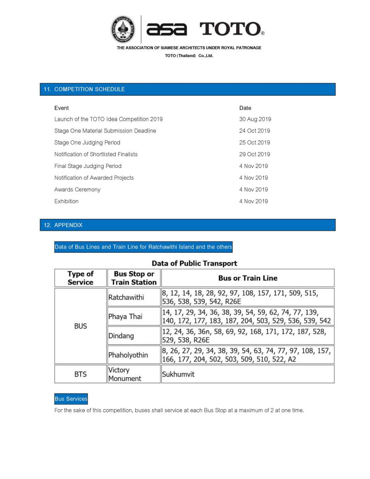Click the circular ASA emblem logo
click(x=123, y=29)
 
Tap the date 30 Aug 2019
click(x=255, y=119)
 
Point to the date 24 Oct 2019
click(x=254, y=131)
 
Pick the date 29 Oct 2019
click(x=254, y=154)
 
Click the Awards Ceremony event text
click(x=77, y=189)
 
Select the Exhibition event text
click(x=66, y=201)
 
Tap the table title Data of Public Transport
click(x=194, y=263)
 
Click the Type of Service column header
click(x=80, y=278)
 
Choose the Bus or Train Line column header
click(x=247, y=278)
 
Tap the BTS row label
click(x=80, y=374)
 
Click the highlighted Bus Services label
click(x=71, y=399)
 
